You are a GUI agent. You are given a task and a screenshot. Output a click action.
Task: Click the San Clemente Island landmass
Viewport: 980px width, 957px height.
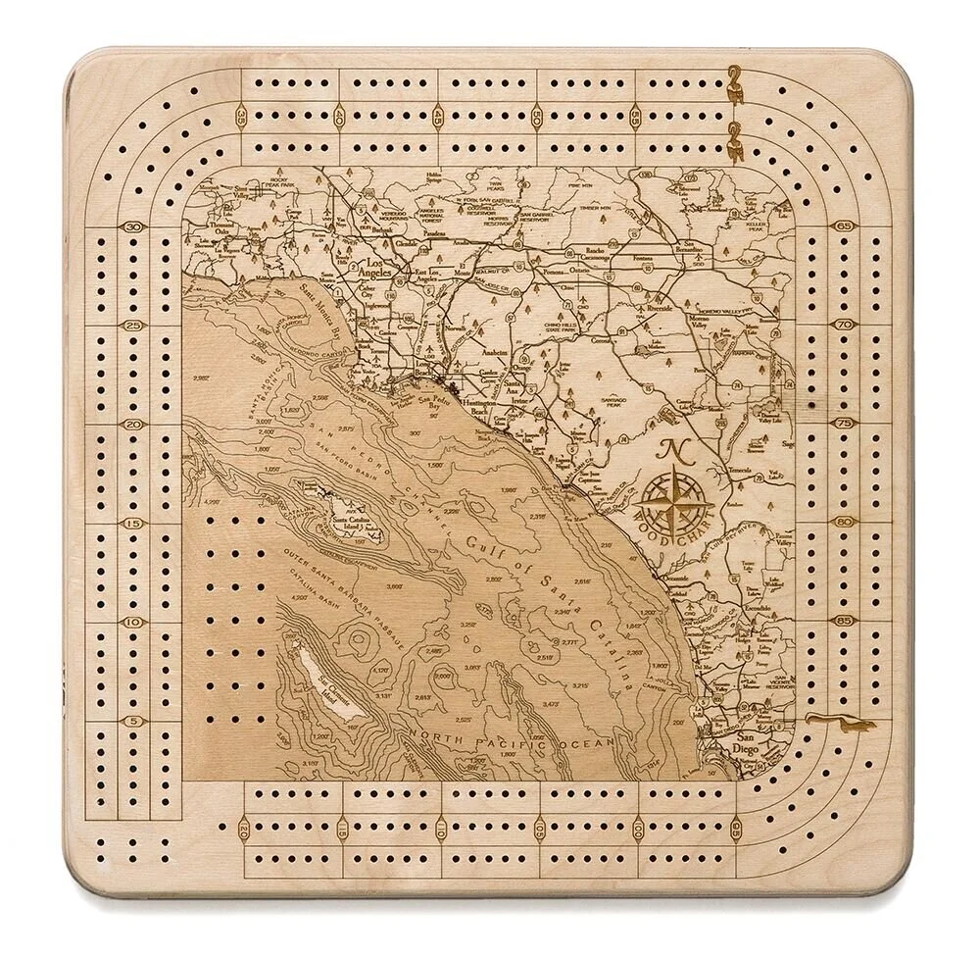coord(324,682)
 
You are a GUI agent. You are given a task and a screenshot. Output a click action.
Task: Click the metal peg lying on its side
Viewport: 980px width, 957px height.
coord(840,724)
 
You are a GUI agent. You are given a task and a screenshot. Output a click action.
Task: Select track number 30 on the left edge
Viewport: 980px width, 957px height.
coord(132,227)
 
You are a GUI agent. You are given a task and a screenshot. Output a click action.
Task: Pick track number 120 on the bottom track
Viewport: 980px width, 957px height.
coord(242,831)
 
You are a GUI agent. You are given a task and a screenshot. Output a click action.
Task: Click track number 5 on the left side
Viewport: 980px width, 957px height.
coord(132,721)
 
